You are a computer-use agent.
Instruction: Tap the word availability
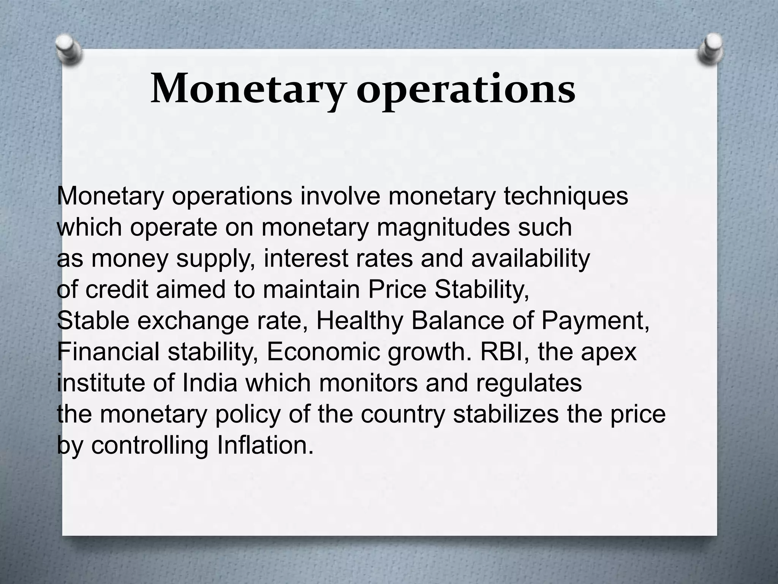click(x=530, y=259)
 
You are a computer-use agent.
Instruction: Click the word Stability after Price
click(x=482, y=290)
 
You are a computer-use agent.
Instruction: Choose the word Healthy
click(x=359, y=321)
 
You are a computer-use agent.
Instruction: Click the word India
click(x=210, y=383)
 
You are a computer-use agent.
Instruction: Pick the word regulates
click(x=529, y=383)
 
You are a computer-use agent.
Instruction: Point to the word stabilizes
click(x=506, y=414)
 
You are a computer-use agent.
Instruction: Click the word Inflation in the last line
click(x=265, y=445)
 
